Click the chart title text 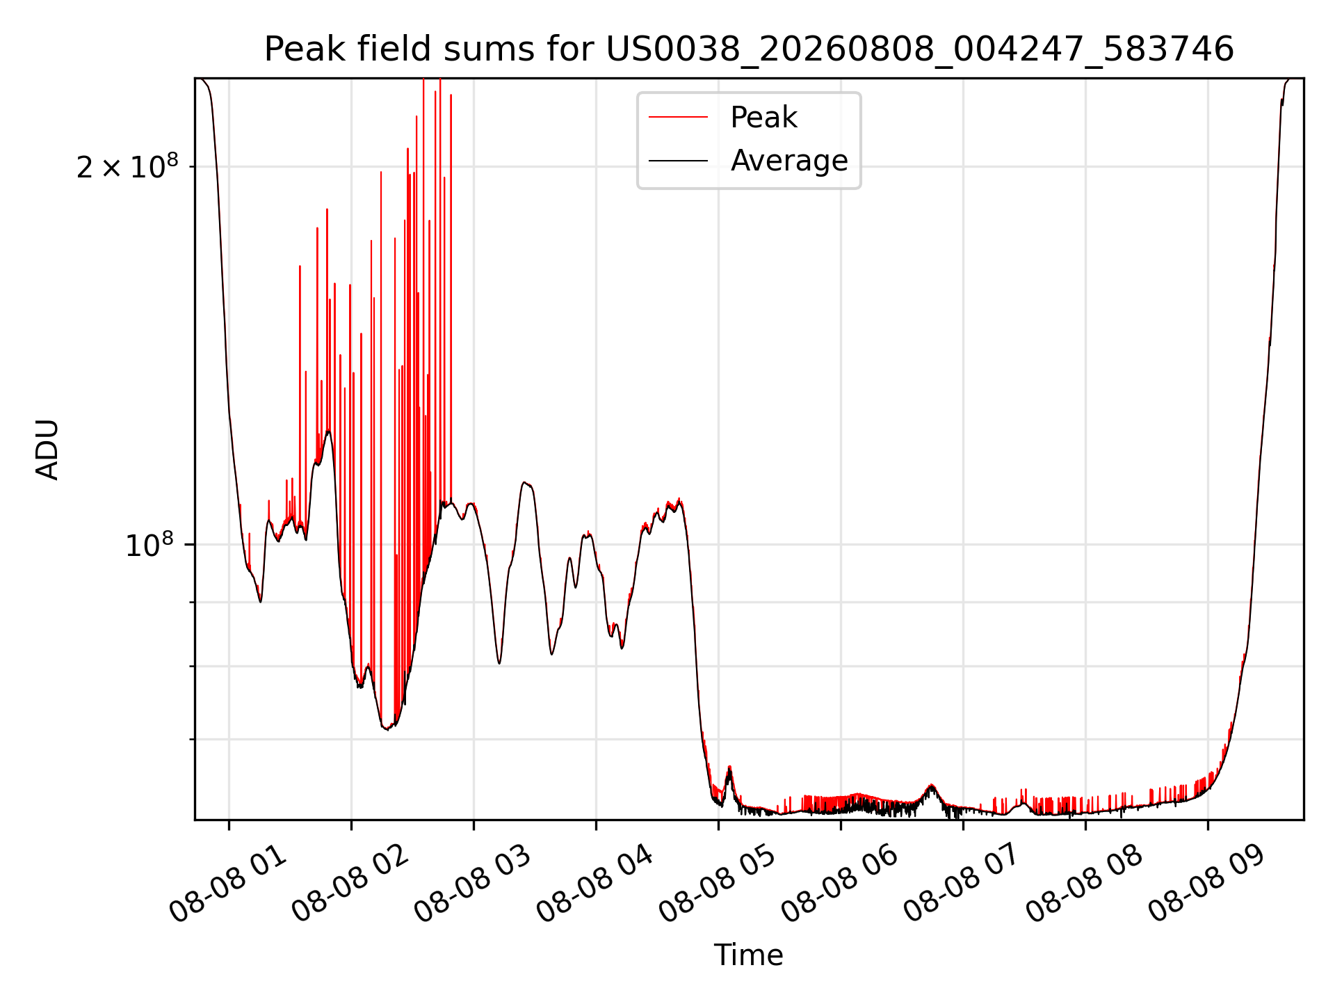coord(749,49)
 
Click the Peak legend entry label coord(763,118)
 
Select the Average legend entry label coord(789,161)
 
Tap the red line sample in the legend coord(679,118)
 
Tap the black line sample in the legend coord(679,161)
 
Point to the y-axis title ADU coord(47,450)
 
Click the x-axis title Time coord(749,955)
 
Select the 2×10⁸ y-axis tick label coord(127,166)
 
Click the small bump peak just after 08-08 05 coord(729,768)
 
